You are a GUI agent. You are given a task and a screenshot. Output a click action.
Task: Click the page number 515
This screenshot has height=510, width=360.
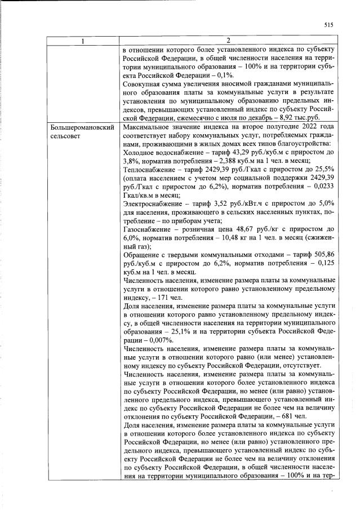pyautogui.click(x=329, y=24)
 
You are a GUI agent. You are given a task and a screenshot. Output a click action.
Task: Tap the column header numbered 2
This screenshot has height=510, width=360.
pyautogui.click(x=228, y=41)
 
